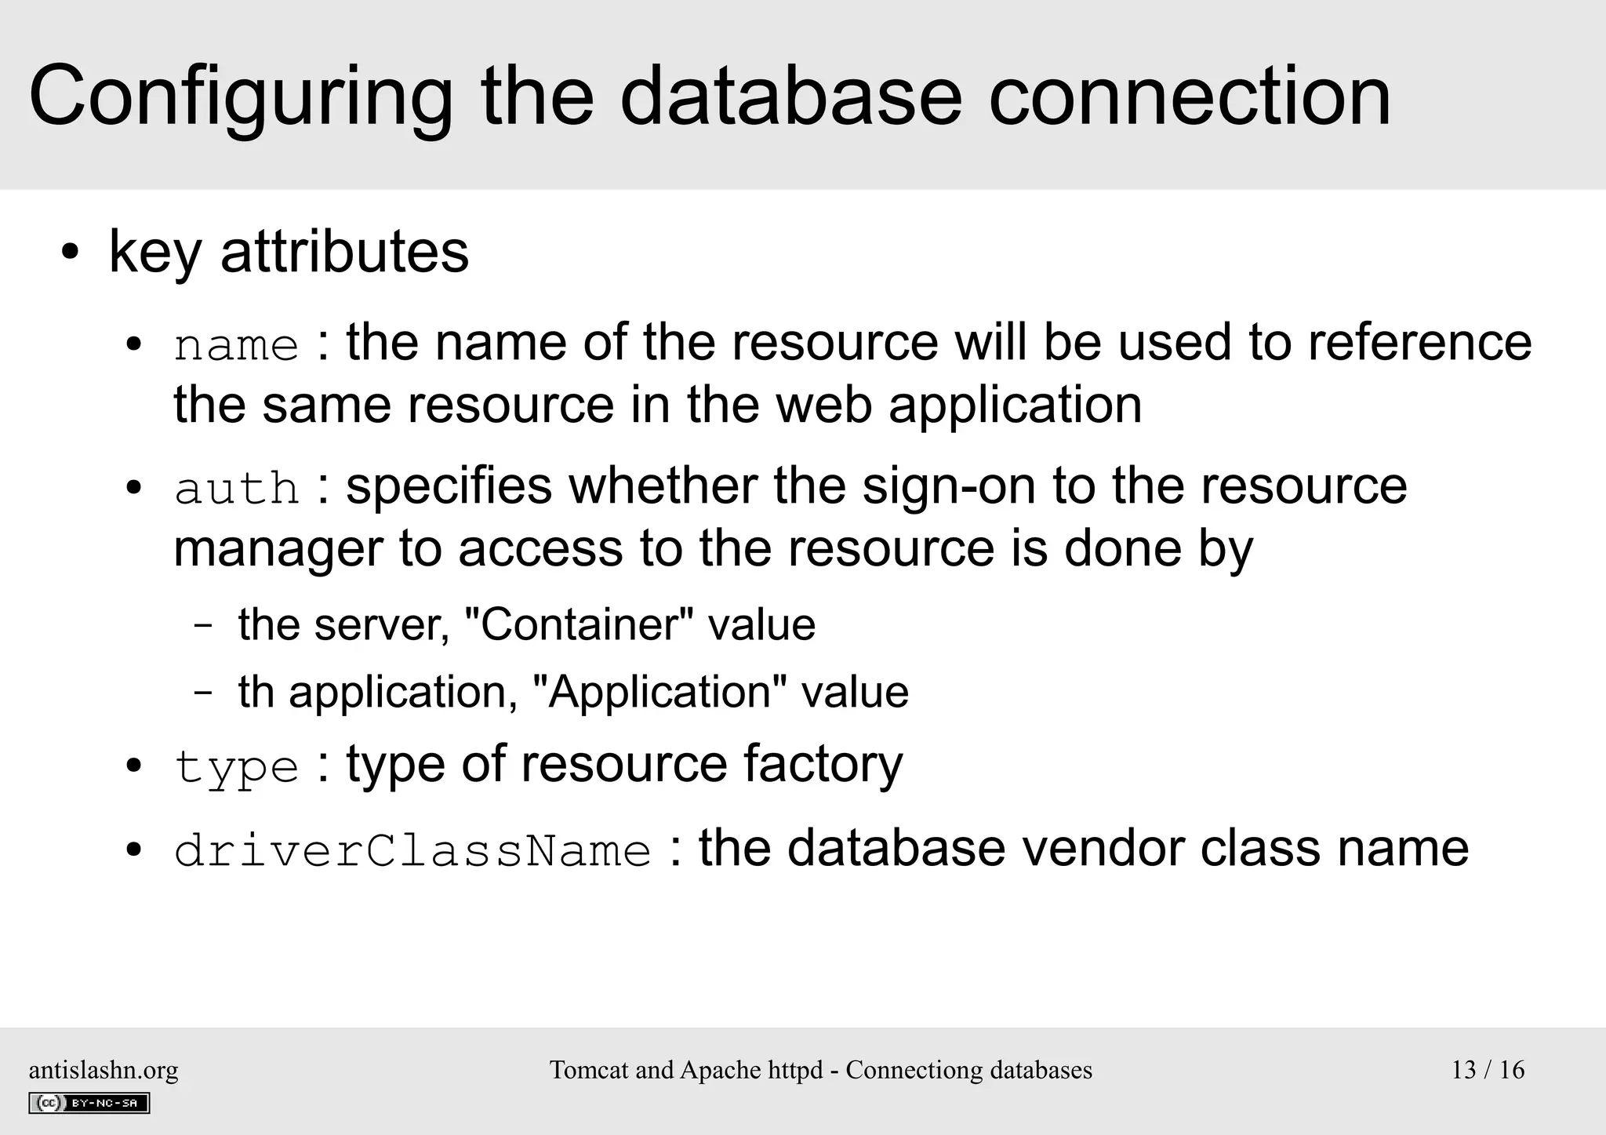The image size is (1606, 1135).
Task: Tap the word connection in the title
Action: tap(1189, 98)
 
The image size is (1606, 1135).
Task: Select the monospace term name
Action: tap(236, 346)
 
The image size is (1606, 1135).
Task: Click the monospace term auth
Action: tap(236, 489)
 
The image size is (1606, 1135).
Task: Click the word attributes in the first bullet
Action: tap(344, 252)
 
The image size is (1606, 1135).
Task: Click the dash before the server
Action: tap(203, 626)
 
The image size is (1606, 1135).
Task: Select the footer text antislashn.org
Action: tap(104, 1070)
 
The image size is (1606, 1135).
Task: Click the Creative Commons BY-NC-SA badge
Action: tap(89, 1103)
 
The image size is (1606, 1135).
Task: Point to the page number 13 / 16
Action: tap(1488, 1070)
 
